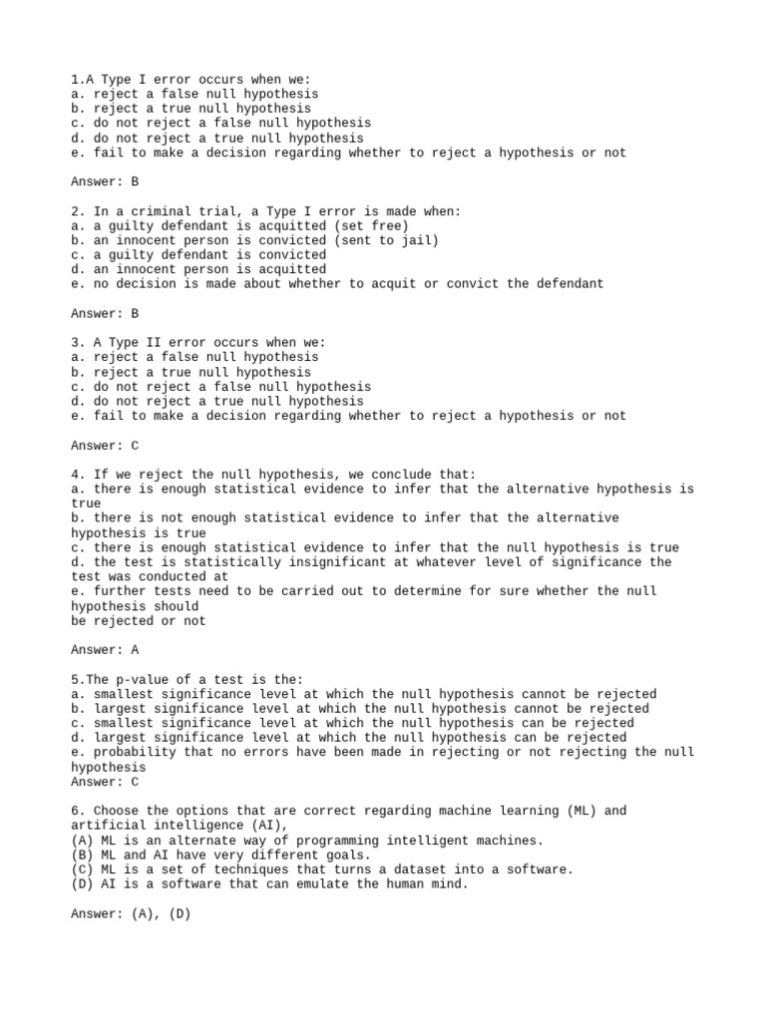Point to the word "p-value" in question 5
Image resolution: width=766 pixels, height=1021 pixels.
129,679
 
